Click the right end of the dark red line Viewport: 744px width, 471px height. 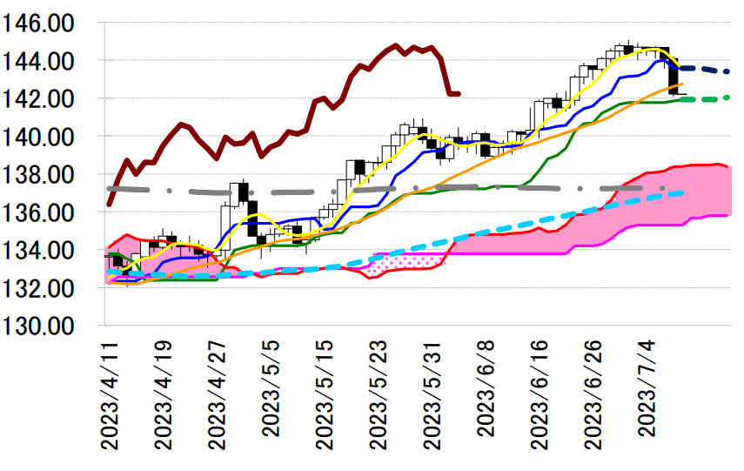[459, 93]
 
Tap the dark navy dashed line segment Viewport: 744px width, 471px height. [705, 70]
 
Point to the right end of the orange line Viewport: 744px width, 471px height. [681, 84]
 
